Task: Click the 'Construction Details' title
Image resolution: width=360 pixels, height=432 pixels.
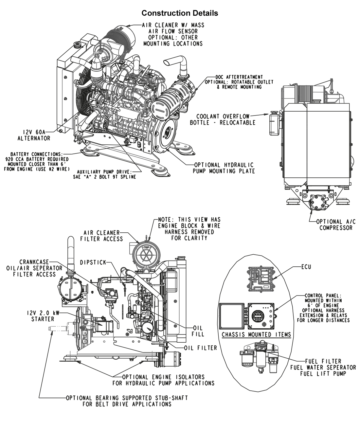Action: [x=180, y=13]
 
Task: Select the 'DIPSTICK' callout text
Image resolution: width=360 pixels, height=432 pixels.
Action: [x=93, y=262]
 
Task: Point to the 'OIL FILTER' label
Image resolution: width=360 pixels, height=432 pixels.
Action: [x=201, y=348]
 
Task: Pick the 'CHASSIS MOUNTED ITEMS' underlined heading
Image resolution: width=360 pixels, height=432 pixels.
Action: [x=256, y=334]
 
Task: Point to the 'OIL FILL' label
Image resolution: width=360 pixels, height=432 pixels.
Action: [x=198, y=331]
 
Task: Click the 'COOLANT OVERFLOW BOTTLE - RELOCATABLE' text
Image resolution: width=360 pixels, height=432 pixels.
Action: [x=223, y=119]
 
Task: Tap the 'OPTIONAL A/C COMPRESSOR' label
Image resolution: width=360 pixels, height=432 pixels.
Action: [x=336, y=225]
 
